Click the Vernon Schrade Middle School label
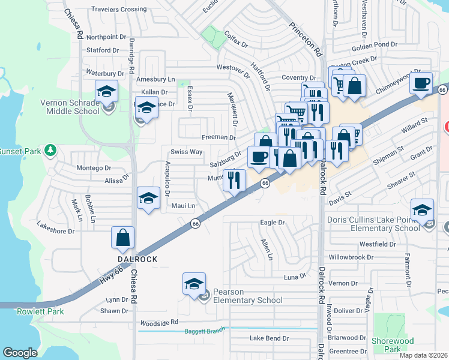point(70,107)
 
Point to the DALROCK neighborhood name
point(137,259)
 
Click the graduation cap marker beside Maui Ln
point(148,199)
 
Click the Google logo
point(20,353)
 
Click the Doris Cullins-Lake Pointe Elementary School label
point(373,224)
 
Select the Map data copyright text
point(423,355)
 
